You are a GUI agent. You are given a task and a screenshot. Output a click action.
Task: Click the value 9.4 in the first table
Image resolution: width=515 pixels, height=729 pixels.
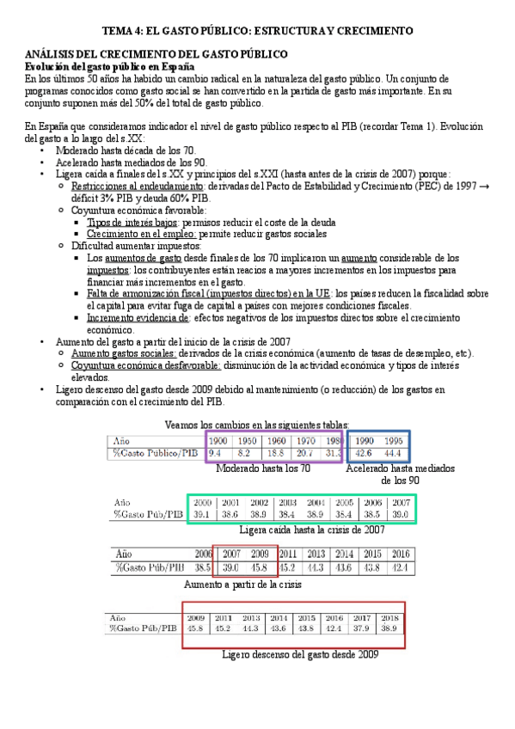pyautogui.click(x=216, y=453)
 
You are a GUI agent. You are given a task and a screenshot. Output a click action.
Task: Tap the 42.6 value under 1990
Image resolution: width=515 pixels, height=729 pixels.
pyautogui.click(x=364, y=453)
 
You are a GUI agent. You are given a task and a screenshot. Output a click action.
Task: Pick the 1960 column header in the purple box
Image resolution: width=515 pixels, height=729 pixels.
pyautogui.click(x=275, y=440)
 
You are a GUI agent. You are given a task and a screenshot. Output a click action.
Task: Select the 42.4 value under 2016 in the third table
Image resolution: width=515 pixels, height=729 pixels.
pyautogui.click(x=401, y=567)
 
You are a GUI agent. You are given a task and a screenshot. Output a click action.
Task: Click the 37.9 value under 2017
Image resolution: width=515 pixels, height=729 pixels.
pyautogui.click(x=362, y=628)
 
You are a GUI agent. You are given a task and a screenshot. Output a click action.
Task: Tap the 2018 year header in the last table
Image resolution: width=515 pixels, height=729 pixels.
pyautogui.click(x=389, y=616)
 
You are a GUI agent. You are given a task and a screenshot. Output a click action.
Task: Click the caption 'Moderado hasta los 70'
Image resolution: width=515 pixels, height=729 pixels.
pyautogui.click(x=262, y=469)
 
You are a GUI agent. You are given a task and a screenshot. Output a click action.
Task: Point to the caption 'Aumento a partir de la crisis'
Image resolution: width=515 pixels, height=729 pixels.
pyautogui.click(x=243, y=584)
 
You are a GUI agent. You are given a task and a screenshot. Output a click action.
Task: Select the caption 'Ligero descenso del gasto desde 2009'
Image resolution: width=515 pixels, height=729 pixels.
pyautogui.click(x=299, y=654)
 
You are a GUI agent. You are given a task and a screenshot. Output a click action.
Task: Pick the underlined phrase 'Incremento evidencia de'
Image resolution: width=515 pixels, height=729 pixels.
pyautogui.click(x=138, y=316)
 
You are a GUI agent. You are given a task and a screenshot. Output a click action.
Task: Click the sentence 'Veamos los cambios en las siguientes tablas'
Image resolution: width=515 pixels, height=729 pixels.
pyautogui.click(x=256, y=424)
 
